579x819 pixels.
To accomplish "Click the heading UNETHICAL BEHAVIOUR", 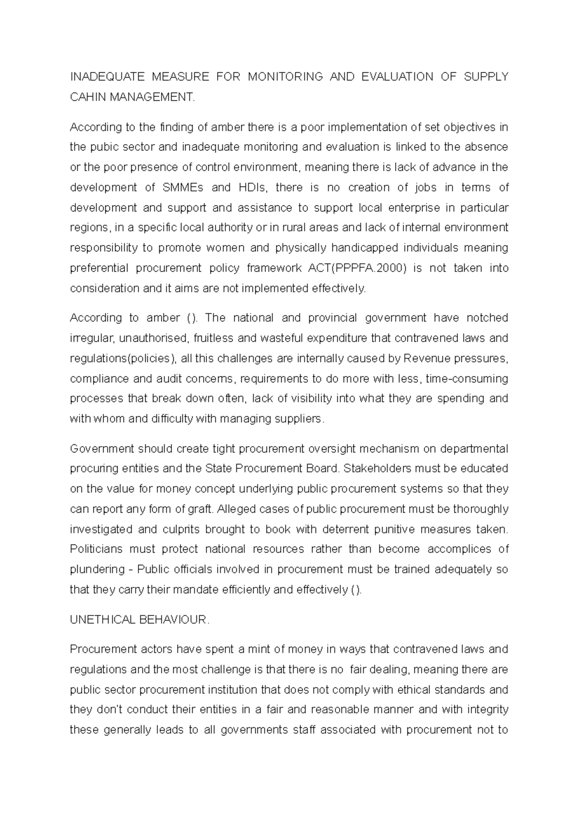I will [x=139, y=620].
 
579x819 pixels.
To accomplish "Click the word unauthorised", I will [x=155, y=338].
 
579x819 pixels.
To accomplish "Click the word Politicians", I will [x=106, y=549].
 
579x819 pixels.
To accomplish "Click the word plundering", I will [x=97, y=570].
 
